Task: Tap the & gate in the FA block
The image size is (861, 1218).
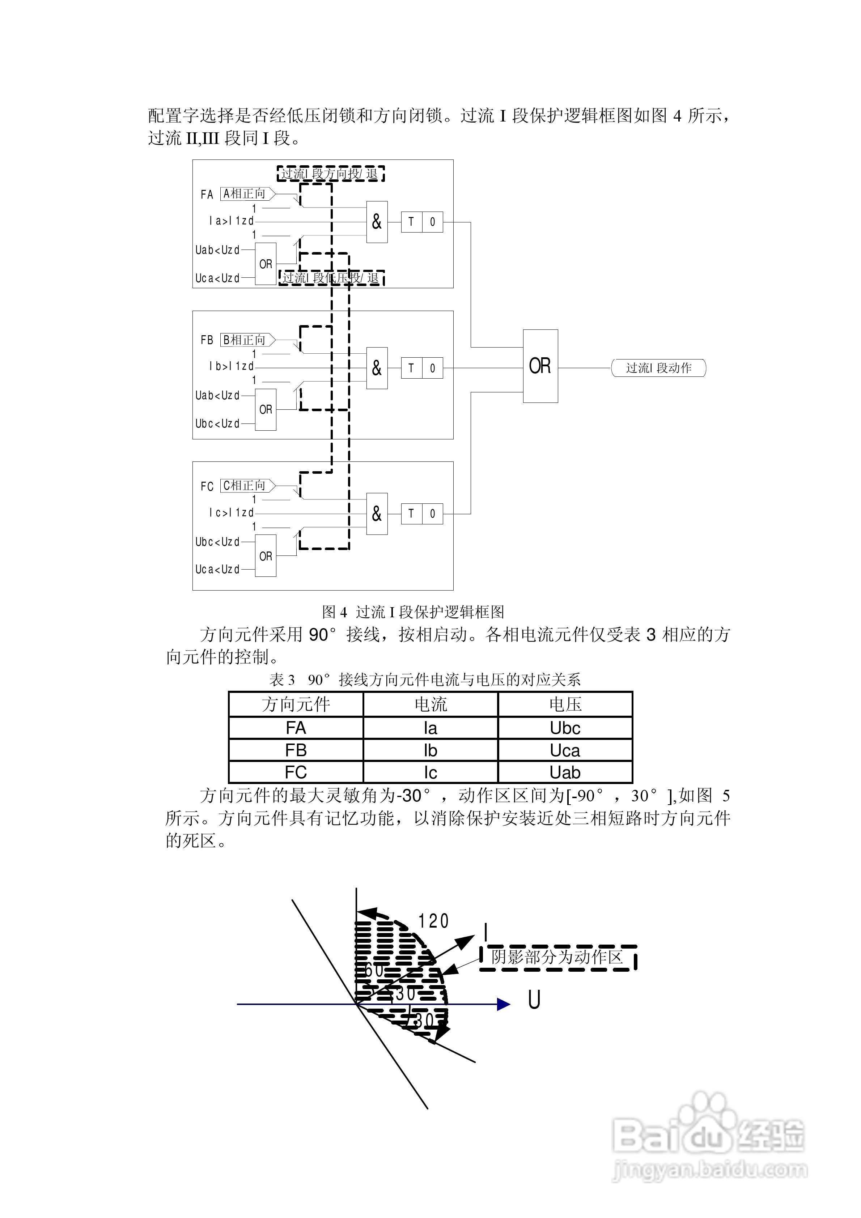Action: coord(377,222)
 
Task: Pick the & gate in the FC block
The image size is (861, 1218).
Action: coord(377,514)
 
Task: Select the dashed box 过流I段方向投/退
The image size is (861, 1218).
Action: coord(330,174)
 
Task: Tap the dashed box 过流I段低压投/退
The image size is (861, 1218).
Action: coord(331,277)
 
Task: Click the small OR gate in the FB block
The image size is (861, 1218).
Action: coord(266,409)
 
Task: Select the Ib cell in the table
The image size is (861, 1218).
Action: coord(430,750)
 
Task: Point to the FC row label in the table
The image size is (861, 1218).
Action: coord(296,772)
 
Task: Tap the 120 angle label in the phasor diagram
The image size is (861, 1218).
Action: coord(433,921)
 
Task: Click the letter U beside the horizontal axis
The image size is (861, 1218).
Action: coord(534,1001)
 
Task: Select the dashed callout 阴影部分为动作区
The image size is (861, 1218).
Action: coord(557,958)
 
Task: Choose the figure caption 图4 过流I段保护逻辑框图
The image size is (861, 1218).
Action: coord(413,612)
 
